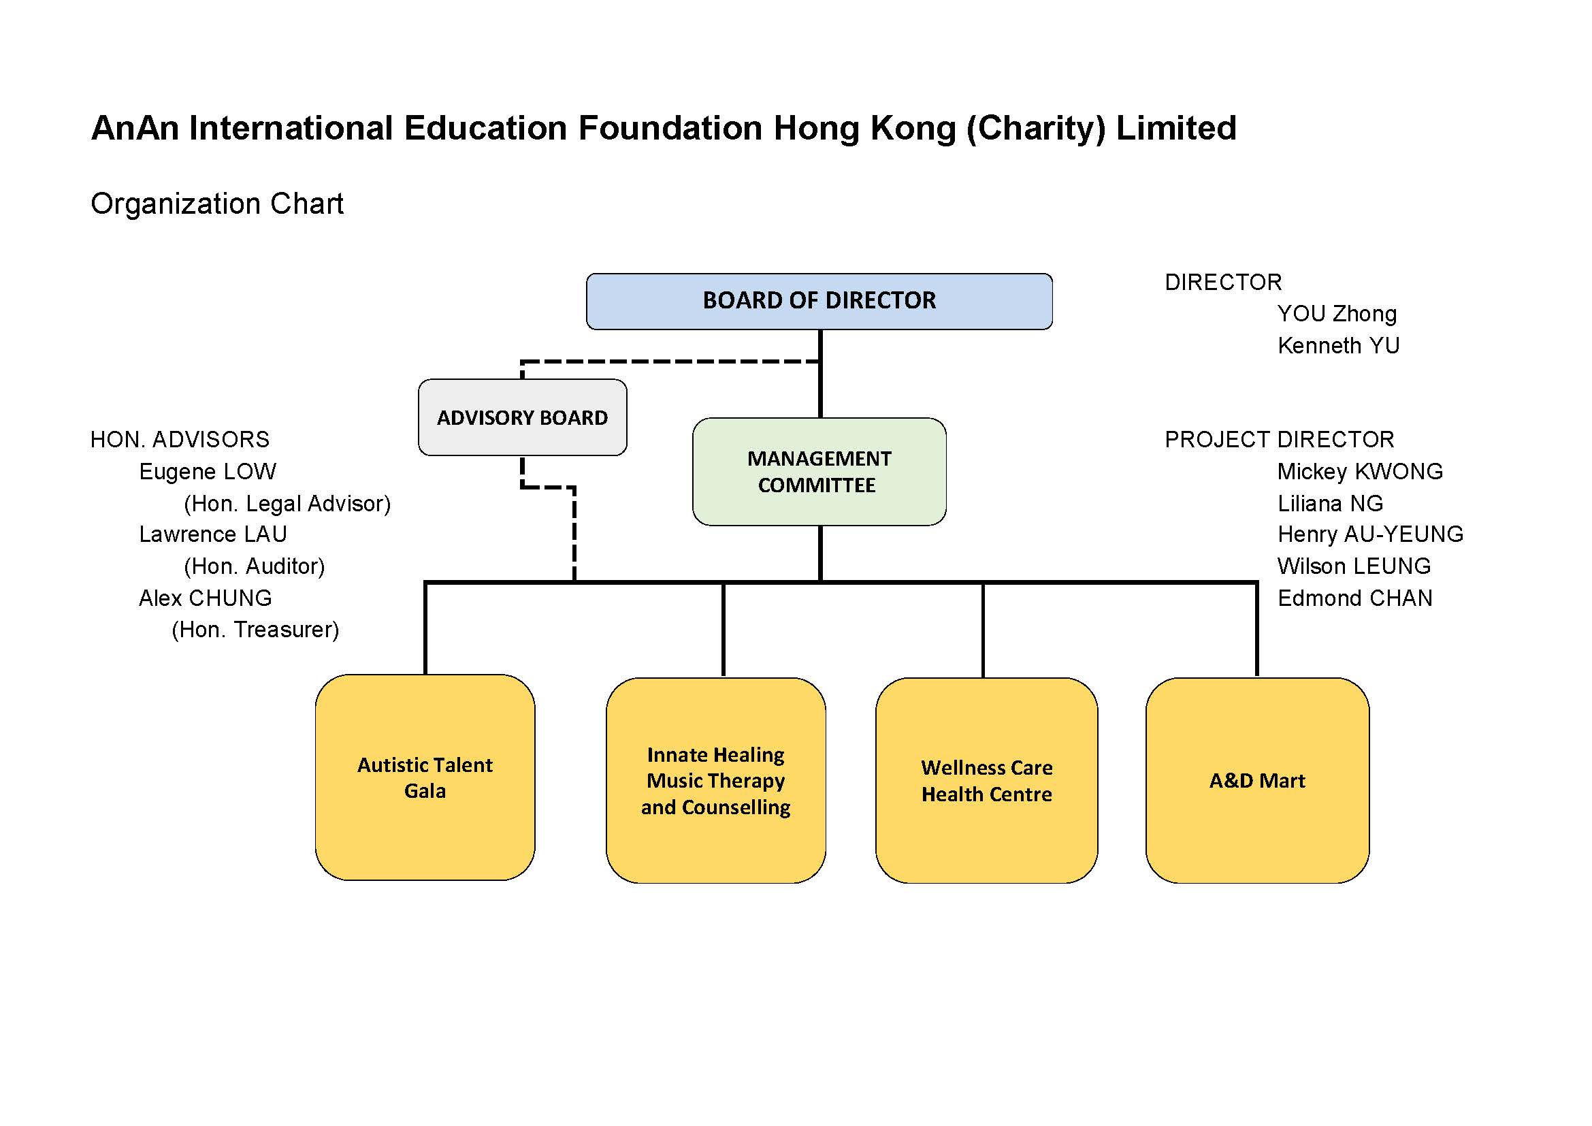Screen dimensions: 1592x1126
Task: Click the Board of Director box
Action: pyautogui.click(x=819, y=301)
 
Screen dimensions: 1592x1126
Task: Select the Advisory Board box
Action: pyautogui.click(x=522, y=417)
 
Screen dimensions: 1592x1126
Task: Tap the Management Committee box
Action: pyautogui.click(x=819, y=472)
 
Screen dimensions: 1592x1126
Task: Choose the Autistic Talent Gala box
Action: pyautogui.click(x=425, y=777)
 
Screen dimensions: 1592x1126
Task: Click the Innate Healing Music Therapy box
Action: pyautogui.click(x=715, y=781)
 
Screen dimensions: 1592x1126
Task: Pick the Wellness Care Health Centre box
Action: pyautogui.click(x=987, y=781)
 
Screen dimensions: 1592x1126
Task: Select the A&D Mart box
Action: pyautogui.click(x=1257, y=781)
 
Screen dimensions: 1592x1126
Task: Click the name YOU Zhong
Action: pyautogui.click(x=1337, y=314)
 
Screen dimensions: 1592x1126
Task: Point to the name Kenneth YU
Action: pyautogui.click(x=1338, y=345)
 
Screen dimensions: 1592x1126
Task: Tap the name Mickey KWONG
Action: pyautogui.click(x=1360, y=472)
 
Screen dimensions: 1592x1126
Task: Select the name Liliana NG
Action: pyautogui.click(x=1330, y=503)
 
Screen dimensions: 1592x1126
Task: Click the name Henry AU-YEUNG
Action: pyautogui.click(x=1370, y=534)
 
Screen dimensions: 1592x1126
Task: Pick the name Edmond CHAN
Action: pyautogui.click(x=1355, y=598)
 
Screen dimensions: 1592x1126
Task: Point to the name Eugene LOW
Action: pyautogui.click(x=208, y=472)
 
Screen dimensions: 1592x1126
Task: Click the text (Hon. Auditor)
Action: pyautogui.click(x=255, y=566)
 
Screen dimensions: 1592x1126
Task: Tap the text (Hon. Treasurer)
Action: pyautogui.click(x=255, y=630)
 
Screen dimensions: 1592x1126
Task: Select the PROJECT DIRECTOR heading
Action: pyautogui.click(x=1280, y=440)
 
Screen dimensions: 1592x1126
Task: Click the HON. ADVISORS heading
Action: pyautogui.click(x=180, y=440)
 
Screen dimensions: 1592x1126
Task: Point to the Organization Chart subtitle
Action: pyautogui.click(x=217, y=204)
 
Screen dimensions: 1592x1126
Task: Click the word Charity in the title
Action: pyautogui.click(x=1036, y=129)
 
